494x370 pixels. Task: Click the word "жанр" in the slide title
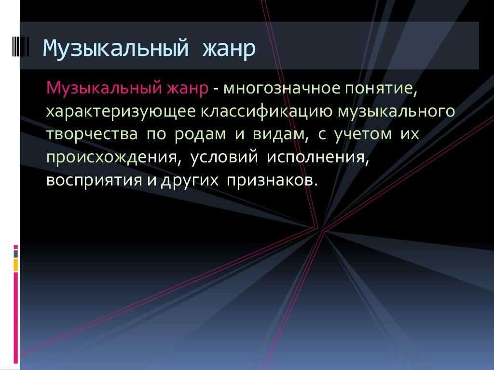coord(229,48)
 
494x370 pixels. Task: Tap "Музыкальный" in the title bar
coord(114,48)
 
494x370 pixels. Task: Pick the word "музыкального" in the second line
coord(396,112)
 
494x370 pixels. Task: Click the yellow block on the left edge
coord(16,264)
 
